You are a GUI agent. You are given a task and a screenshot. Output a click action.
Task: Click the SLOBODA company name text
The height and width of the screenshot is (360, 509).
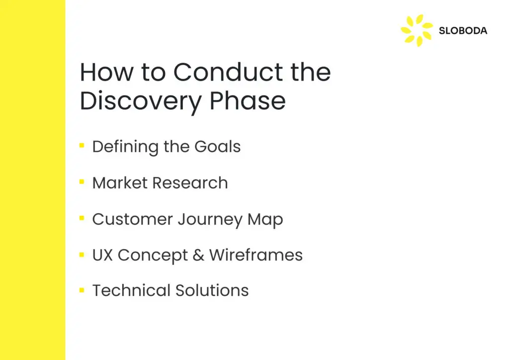(463, 31)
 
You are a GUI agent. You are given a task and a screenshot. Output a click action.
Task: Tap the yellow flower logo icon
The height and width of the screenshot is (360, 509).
(417, 30)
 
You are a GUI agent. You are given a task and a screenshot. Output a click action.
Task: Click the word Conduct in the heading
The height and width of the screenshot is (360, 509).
(228, 72)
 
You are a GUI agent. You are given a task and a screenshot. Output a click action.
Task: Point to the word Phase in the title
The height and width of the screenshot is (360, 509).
(248, 100)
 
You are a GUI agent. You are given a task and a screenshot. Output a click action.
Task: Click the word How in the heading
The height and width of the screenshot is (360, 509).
(106, 72)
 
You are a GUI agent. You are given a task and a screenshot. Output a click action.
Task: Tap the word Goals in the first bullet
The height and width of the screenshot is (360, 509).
(218, 146)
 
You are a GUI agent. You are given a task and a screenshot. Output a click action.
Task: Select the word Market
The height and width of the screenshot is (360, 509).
(120, 183)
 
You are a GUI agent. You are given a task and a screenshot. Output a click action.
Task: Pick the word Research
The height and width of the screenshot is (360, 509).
(190, 183)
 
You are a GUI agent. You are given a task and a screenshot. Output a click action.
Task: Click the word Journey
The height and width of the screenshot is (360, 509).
(210, 220)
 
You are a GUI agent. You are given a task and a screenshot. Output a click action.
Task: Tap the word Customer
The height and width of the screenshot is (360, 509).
(132, 219)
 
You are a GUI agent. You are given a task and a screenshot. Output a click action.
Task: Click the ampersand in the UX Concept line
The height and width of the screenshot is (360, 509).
(198, 255)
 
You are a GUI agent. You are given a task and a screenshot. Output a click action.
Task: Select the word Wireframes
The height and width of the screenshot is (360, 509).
(256, 255)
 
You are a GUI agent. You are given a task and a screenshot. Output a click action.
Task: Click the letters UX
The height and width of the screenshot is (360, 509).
(102, 255)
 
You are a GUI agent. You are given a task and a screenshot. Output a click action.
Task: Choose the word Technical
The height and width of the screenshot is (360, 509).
(131, 290)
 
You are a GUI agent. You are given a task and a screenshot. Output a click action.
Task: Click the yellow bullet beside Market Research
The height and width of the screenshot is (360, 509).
(82, 182)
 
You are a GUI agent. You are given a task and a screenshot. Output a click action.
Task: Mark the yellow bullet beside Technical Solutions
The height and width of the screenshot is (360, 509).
(82, 290)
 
